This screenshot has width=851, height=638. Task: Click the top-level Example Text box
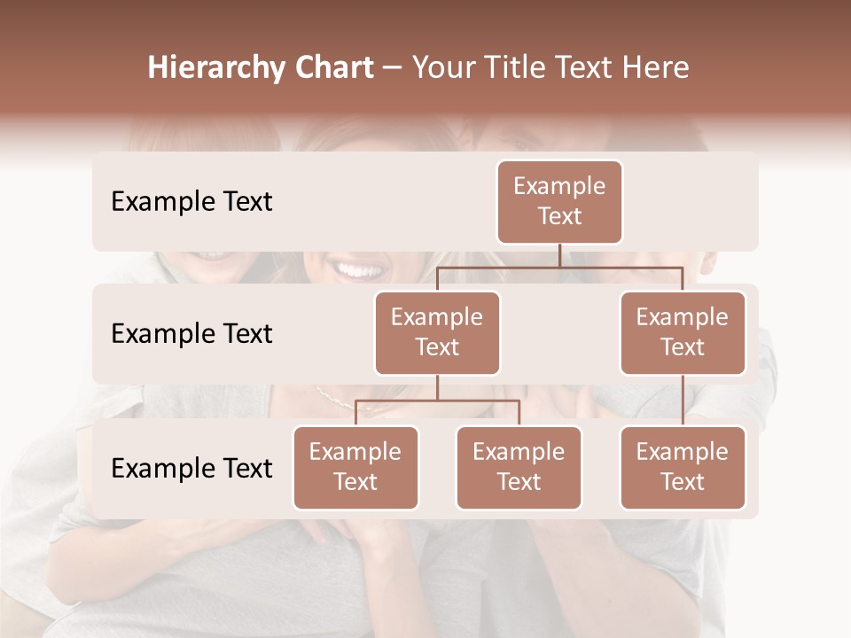pos(559,201)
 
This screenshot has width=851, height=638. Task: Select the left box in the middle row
pos(437,332)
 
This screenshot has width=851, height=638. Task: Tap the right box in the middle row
pos(683,332)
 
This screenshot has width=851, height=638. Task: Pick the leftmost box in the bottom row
pos(355,467)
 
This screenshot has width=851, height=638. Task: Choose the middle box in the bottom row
pos(519,467)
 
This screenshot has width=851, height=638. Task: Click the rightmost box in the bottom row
pos(683,467)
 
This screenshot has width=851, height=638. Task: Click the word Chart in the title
pos(330,68)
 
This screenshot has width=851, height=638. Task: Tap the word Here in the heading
pos(656,68)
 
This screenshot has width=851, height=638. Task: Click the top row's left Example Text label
pos(191,202)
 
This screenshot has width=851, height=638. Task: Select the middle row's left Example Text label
pos(191,334)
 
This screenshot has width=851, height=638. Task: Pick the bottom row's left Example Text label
pos(191,468)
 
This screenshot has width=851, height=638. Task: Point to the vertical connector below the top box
pos(559,255)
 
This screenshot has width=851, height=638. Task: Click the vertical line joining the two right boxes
pos(683,401)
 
